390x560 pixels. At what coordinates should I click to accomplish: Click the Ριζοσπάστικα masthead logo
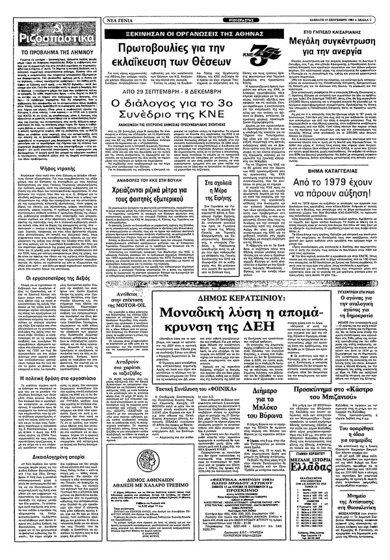45,27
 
